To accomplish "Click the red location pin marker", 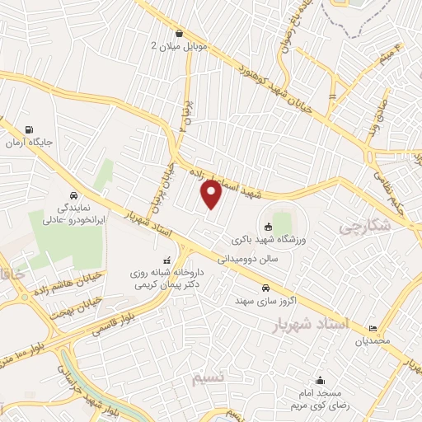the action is coord(211,193).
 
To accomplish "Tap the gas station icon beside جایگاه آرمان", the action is coord(30,129).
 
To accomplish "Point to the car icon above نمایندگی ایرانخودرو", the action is coord(74,196).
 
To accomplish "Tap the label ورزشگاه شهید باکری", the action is coord(258,239).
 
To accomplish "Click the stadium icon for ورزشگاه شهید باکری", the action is coord(268,227).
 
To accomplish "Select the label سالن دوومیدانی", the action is coord(244,258).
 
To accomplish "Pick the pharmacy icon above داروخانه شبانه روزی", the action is coord(167,259).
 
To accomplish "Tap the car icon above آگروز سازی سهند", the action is coord(265,288).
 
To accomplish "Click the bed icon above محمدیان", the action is coord(373,327).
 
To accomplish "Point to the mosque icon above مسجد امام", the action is coord(320,381).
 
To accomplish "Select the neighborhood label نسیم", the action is coord(208,379).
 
